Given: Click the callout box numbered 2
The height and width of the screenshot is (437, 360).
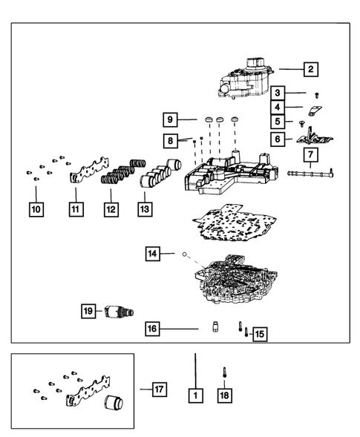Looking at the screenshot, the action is click(311, 69).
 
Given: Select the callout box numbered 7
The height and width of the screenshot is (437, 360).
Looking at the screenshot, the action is click(311, 154).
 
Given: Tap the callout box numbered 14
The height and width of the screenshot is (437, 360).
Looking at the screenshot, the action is click(152, 254).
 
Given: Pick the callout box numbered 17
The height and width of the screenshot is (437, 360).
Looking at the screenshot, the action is click(160, 389).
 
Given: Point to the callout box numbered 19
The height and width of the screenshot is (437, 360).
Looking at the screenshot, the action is click(88, 311).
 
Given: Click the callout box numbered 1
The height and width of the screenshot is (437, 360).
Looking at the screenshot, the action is click(195, 395).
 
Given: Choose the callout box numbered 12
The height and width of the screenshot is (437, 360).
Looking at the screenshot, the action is click(111, 209).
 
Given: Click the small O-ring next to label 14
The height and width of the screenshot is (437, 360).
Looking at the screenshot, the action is click(184, 254).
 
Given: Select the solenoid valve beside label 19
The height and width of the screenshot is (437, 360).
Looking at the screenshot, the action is click(119, 312).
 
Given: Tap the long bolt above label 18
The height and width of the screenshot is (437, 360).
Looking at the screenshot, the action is click(224, 372).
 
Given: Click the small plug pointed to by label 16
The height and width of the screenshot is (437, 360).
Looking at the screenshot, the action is click(215, 326).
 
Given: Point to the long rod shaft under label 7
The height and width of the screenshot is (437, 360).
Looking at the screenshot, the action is click(311, 174).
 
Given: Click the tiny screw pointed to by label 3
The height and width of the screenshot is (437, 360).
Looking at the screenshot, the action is click(317, 95).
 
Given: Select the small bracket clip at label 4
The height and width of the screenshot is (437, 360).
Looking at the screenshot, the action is click(315, 110).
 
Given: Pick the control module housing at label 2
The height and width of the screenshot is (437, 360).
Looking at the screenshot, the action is click(244, 79).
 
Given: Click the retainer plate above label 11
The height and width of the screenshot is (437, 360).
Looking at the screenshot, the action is click(88, 171).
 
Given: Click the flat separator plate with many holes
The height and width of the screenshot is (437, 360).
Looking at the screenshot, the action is click(235, 223).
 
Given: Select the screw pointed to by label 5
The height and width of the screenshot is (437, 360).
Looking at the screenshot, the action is click(301, 123).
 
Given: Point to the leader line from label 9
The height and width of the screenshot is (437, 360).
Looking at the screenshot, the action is click(187, 119).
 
